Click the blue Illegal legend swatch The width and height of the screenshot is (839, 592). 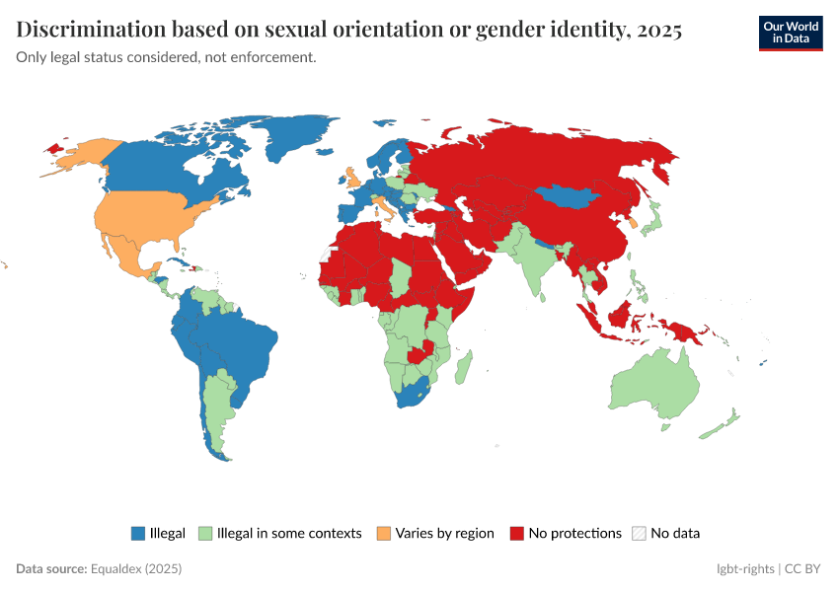point(138,534)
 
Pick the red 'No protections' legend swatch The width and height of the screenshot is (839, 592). point(516,534)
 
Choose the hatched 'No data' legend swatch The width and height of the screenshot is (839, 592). point(639,534)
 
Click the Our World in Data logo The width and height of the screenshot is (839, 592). point(790,32)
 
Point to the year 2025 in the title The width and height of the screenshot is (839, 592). point(659,31)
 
